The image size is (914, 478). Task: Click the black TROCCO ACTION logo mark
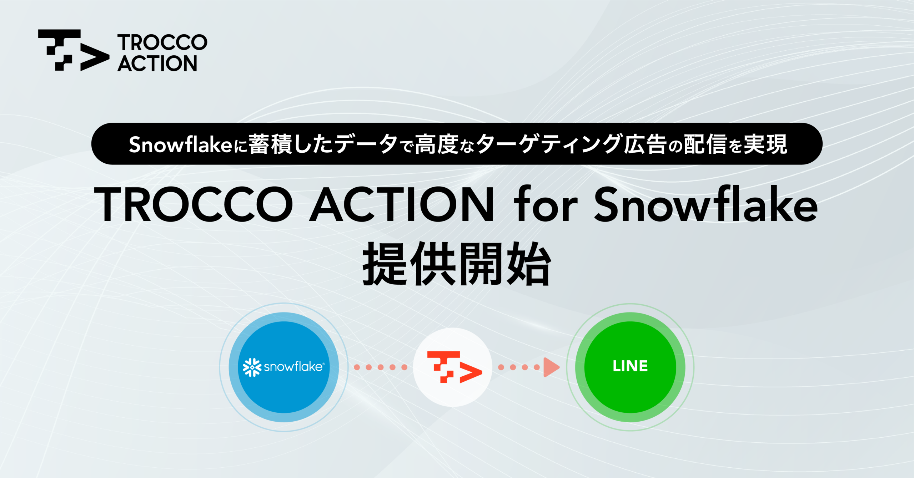pos(73,50)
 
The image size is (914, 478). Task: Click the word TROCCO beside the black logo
pos(162,42)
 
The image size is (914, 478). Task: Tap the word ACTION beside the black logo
pos(157,63)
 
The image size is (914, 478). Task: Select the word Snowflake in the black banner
pos(181,144)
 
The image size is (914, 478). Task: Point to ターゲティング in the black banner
pos(548,144)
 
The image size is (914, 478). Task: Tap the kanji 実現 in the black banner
pos(765,144)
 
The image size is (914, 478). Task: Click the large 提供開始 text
pos(457,264)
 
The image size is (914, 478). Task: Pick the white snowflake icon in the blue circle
pos(252,367)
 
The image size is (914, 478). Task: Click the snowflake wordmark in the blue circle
pos(294,367)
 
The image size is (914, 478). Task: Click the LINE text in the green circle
pos(630,366)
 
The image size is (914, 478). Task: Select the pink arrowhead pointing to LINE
pos(551,367)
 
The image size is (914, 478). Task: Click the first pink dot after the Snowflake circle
pos(357,367)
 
